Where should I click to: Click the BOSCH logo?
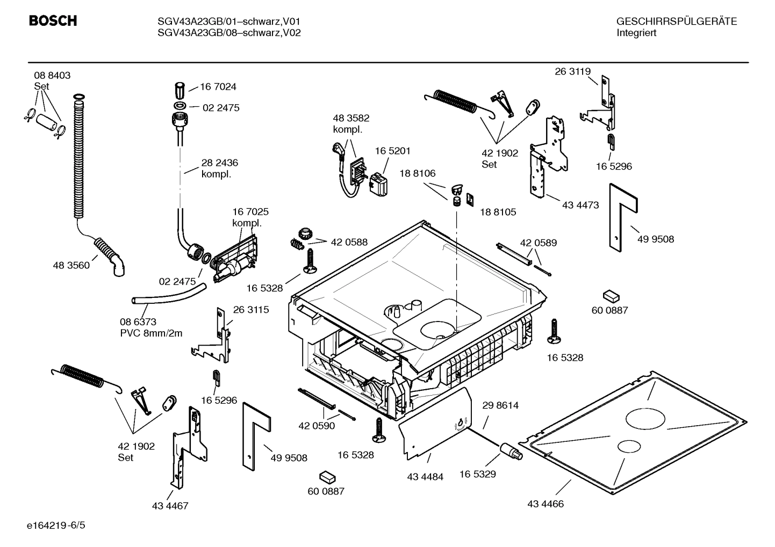[53, 21]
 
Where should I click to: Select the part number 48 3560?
[71, 265]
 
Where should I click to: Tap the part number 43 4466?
[546, 504]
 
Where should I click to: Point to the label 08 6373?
[138, 322]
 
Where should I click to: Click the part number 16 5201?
[392, 151]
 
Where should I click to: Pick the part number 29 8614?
[500, 405]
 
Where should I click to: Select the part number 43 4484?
[425, 477]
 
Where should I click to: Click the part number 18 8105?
[498, 212]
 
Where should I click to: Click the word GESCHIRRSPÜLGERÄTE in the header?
[676, 21]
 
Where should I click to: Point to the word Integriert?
[636, 33]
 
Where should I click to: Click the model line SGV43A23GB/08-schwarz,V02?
[229, 33]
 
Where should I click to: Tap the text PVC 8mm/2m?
[151, 333]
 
